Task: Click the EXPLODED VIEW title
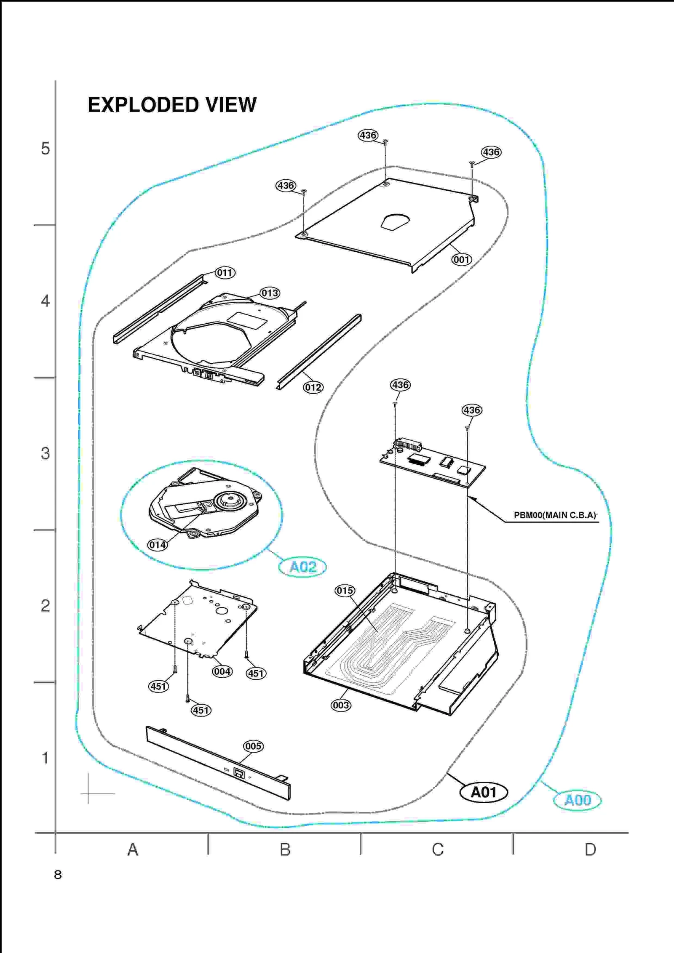click(172, 105)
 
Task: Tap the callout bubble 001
click(461, 259)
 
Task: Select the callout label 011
click(225, 273)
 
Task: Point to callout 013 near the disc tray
click(270, 293)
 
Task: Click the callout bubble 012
click(313, 387)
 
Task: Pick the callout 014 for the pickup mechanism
click(158, 545)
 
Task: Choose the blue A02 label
click(302, 567)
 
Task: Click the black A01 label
click(484, 792)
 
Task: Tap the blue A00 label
click(577, 800)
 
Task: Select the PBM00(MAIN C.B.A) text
click(555, 515)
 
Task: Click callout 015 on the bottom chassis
click(345, 591)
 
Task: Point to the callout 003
click(340, 705)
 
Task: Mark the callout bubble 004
click(222, 671)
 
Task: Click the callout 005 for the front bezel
click(253, 746)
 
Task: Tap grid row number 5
click(45, 149)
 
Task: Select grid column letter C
click(438, 849)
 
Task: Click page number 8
click(58, 875)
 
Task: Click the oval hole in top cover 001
click(395, 222)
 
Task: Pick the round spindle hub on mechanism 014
click(230, 500)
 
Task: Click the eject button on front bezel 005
click(239, 773)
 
